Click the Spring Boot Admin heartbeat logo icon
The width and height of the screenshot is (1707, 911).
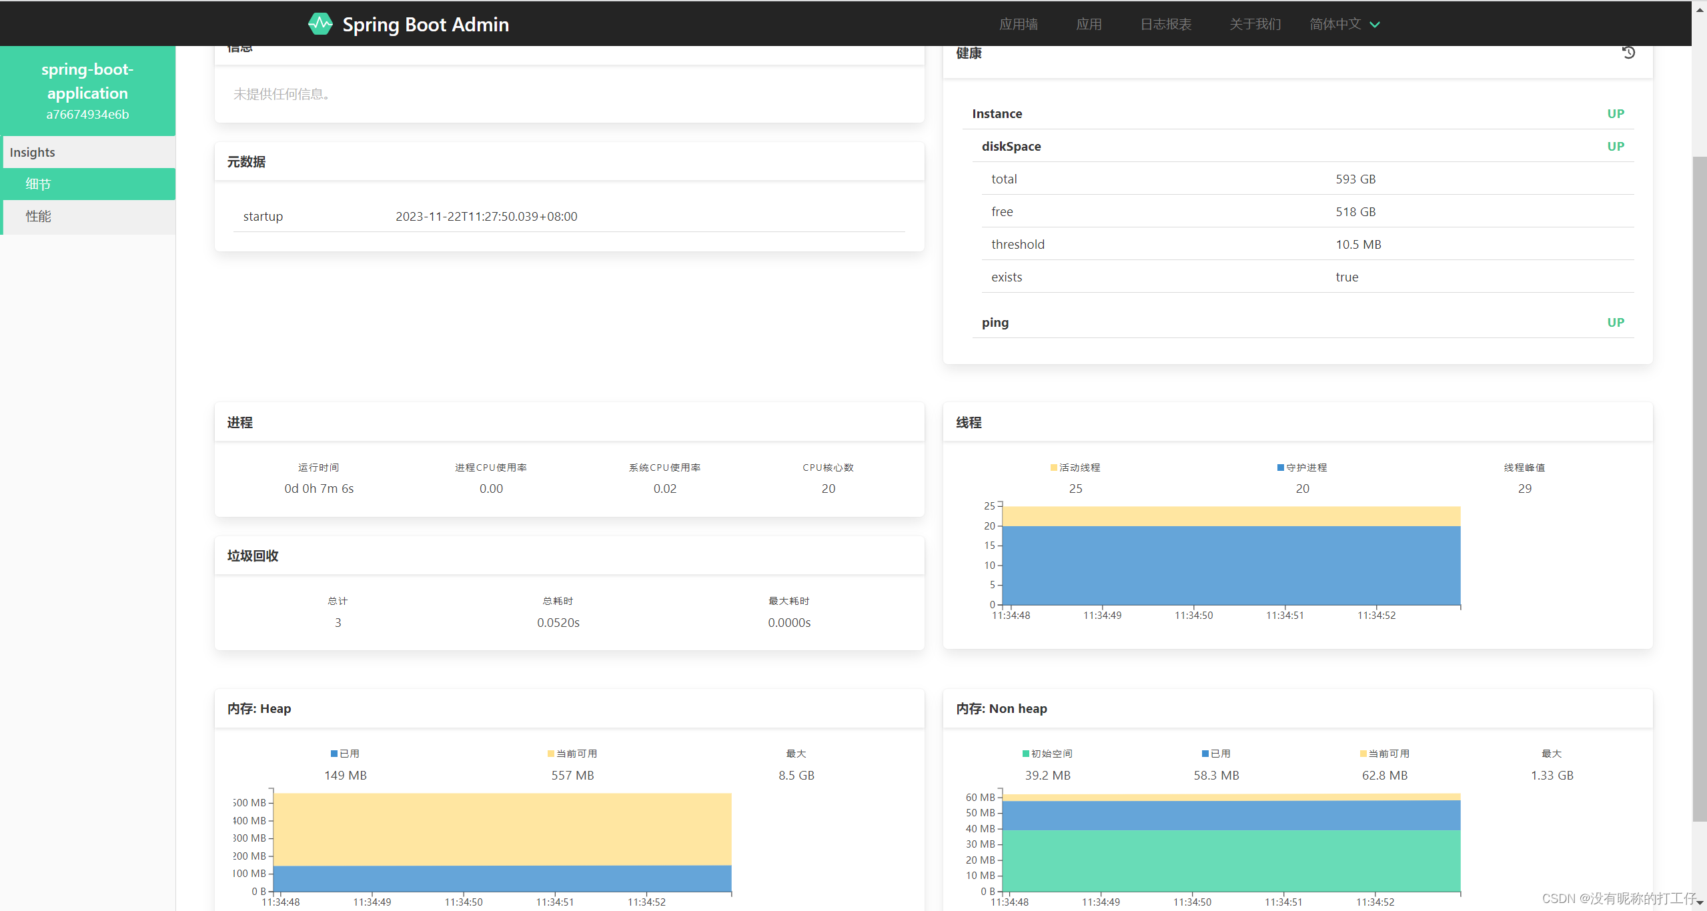(x=320, y=24)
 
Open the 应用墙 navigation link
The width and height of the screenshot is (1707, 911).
(x=1018, y=24)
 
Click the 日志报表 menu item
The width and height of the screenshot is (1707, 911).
(x=1165, y=24)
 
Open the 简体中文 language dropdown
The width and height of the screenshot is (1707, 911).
(x=1344, y=24)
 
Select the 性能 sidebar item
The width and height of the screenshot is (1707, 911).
(x=39, y=216)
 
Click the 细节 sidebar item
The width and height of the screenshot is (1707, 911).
(x=39, y=184)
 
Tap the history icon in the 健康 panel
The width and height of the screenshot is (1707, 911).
(x=1628, y=53)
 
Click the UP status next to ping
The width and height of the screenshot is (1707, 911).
(x=1615, y=322)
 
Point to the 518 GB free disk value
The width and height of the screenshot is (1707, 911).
(x=1355, y=211)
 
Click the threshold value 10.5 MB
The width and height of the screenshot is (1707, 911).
(x=1358, y=244)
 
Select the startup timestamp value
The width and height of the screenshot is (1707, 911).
(x=486, y=216)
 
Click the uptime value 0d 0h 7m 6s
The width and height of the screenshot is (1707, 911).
(x=319, y=488)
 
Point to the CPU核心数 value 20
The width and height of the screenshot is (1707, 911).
(x=828, y=488)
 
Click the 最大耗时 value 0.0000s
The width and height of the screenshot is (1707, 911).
(x=789, y=622)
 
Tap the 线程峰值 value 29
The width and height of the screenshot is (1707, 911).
(x=1524, y=488)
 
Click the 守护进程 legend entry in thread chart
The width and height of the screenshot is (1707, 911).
(x=1302, y=468)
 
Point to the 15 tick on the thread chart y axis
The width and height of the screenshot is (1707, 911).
(x=989, y=546)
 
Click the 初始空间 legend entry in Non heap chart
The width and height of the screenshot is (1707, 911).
(x=1047, y=754)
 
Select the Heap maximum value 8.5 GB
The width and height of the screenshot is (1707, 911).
(x=796, y=775)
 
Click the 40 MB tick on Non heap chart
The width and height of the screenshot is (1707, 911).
(x=980, y=828)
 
